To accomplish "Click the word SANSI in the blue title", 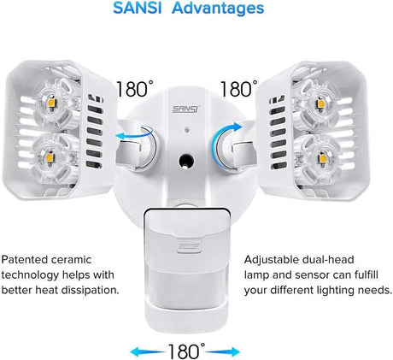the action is [x=137, y=8].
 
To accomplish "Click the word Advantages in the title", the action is [x=218, y=9].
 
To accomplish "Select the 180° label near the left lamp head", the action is [x=135, y=89].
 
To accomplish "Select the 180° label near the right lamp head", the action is [x=239, y=89].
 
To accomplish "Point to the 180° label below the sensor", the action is [x=186, y=351].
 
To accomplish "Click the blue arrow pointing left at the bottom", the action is [x=148, y=351].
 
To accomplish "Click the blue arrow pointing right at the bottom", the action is [x=222, y=351].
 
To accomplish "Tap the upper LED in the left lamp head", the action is [x=52, y=101].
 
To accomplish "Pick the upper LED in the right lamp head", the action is [x=320, y=103].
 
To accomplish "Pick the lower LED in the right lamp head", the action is [x=323, y=157].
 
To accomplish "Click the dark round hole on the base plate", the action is [x=186, y=162].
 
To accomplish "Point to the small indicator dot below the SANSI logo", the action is [x=186, y=129].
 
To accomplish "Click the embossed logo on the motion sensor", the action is [x=189, y=247].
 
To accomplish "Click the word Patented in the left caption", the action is [x=25, y=259].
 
